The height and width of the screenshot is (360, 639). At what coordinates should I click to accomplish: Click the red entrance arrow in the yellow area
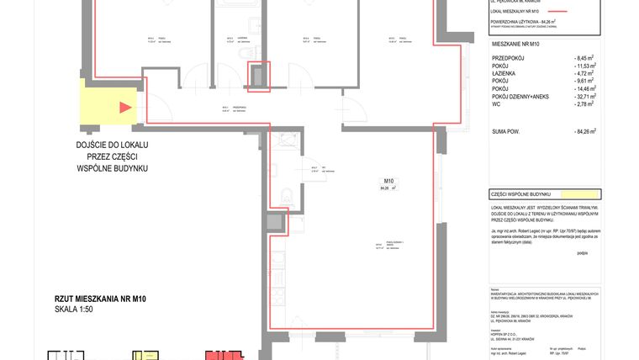pyautogui.click(x=125, y=107)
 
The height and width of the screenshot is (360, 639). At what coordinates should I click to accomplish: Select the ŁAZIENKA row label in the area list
pyautogui.click(x=506, y=80)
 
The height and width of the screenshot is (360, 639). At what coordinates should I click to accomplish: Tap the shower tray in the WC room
pyautogui.click(x=278, y=142)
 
